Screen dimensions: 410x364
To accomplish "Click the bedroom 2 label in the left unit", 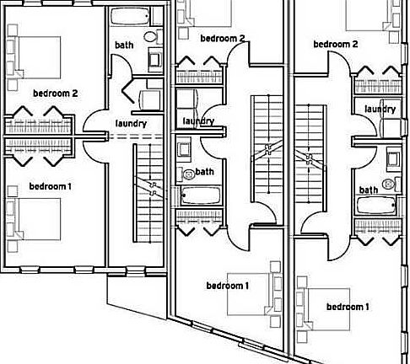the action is [x=56, y=94].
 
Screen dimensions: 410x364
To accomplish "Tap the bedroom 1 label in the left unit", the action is [x=51, y=186].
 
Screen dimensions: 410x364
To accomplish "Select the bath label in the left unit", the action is [x=124, y=45].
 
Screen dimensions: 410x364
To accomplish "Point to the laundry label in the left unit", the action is [x=132, y=123].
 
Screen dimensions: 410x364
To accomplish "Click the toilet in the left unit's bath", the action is [x=152, y=36].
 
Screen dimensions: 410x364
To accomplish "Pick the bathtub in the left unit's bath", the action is [x=130, y=16].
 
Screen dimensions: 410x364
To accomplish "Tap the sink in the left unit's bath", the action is [x=155, y=59].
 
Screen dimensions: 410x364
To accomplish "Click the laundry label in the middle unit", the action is [x=198, y=121].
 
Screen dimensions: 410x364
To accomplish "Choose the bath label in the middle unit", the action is [x=204, y=172].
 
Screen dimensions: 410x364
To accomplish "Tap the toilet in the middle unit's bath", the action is [x=187, y=174].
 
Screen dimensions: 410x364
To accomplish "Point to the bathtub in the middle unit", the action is [x=200, y=195].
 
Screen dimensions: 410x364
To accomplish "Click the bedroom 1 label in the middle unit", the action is [x=228, y=286].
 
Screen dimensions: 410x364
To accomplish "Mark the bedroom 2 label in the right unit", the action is [x=336, y=44].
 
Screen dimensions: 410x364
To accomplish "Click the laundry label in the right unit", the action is [x=380, y=109].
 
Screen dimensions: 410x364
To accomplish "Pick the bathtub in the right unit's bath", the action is [x=377, y=206].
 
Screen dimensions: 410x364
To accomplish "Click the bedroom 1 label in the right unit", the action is [x=348, y=307].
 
